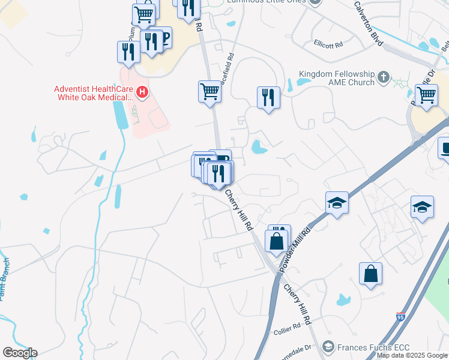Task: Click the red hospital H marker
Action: [142, 92]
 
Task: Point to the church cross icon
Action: [384, 77]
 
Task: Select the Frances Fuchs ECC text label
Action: [366, 347]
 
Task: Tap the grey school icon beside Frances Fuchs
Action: [328, 347]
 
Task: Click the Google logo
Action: [20, 353]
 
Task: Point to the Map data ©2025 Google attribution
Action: [412, 355]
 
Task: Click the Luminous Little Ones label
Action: [267, 2]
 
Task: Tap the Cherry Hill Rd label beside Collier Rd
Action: [298, 305]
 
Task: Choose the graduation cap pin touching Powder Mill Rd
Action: [337, 203]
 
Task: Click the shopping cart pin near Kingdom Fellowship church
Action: [426, 94]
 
